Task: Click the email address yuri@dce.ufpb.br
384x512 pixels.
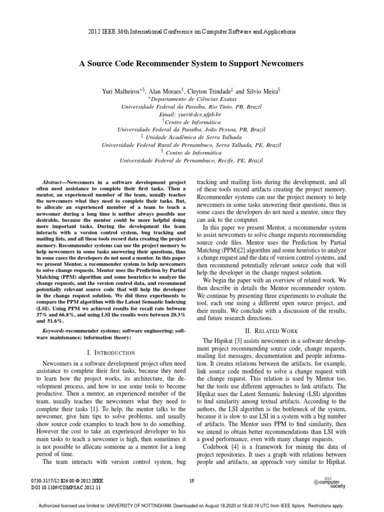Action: [x=191, y=114]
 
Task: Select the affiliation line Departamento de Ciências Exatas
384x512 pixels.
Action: [x=192, y=99]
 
